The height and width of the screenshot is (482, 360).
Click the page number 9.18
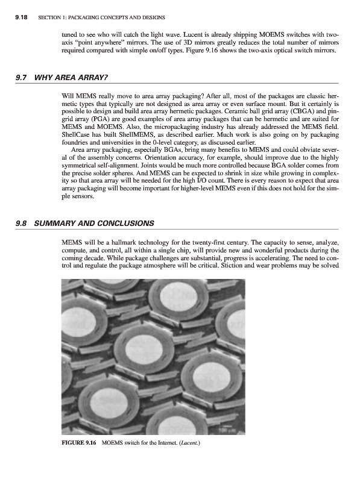22,17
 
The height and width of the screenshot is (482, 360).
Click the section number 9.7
22,77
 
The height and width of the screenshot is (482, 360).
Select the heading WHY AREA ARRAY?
71,77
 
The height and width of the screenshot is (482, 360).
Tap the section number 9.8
22,223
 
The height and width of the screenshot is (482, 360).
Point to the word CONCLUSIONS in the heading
127,223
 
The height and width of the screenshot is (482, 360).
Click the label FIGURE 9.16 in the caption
79,443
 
